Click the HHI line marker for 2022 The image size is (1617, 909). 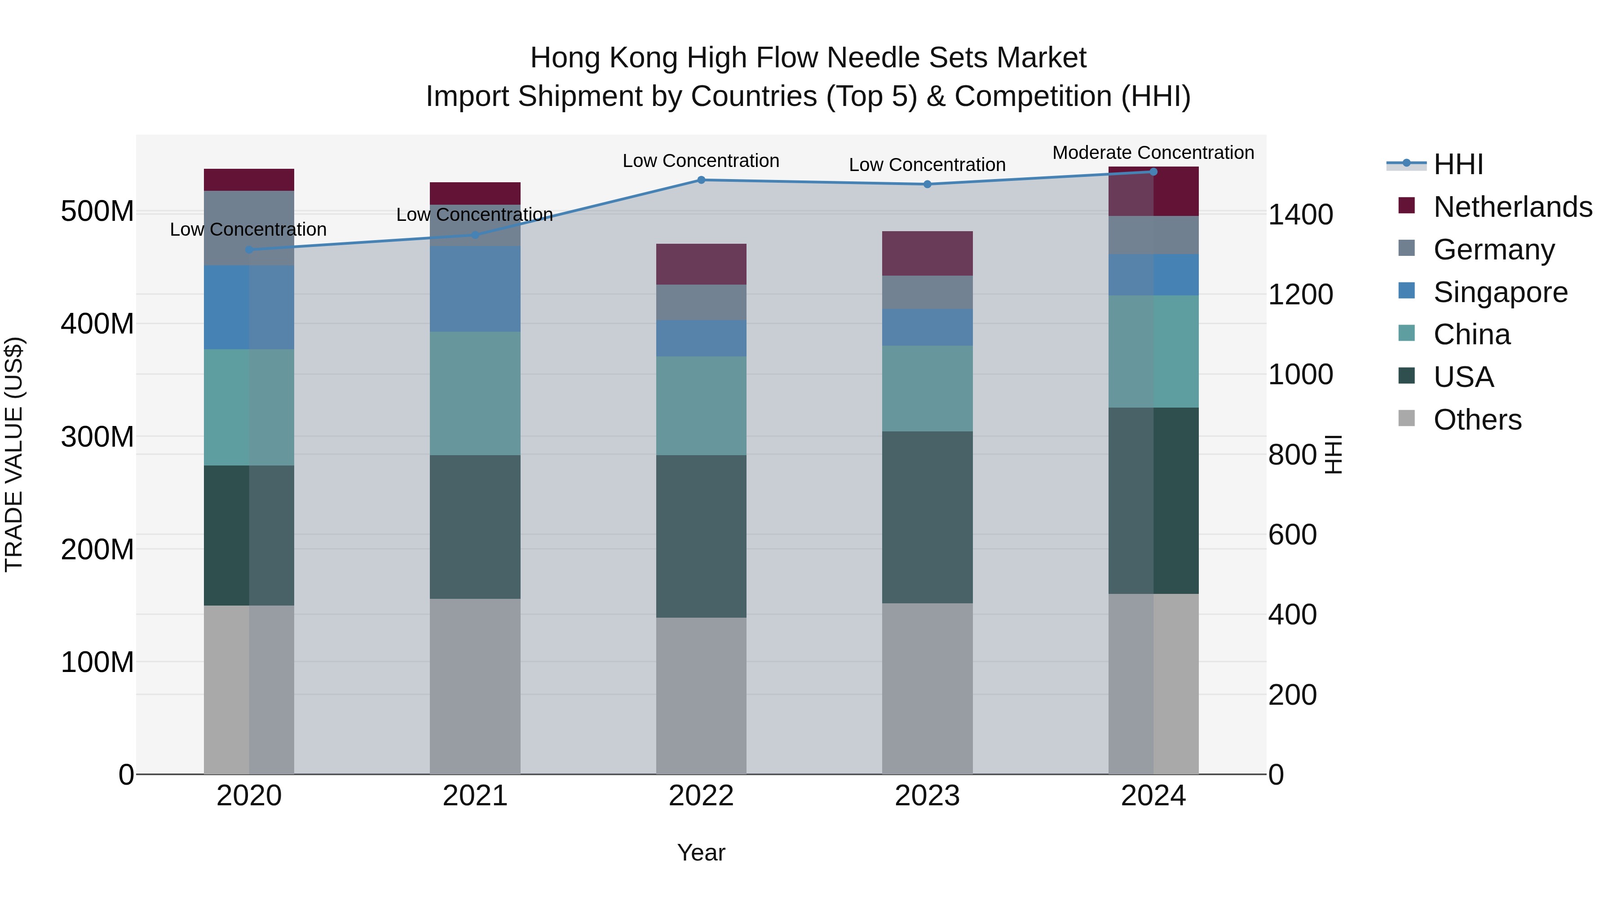[x=701, y=180]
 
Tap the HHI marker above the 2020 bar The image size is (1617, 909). [x=249, y=250]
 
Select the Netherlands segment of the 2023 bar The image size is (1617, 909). [x=927, y=254]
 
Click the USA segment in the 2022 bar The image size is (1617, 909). [x=701, y=536]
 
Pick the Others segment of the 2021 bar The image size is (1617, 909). [x=475, y=686]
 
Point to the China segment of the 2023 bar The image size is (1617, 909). [x=927, y=388]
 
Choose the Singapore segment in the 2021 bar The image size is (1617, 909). [x=475, y=289]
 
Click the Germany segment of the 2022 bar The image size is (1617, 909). [x=701, y=303]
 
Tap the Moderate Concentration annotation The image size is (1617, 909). [x=1153, y=153]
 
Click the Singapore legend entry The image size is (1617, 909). [x=1500, y=292]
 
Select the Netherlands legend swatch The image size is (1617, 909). [x=1407, y=206]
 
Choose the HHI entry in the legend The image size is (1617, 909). [x=1458, y=164]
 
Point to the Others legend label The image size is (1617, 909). [x=1478, y=420]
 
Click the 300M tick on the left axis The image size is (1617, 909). [x=97, y=437]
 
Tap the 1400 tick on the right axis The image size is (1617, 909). [x=1301, y=215]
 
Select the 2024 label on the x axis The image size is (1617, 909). [x=1153, y=796]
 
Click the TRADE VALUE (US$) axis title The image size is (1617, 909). [x=14, y=454]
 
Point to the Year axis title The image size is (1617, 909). [x=701, y=852]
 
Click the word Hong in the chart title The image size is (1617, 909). [x=566, y=58]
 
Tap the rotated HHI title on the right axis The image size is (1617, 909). [x=1333, y=454]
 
